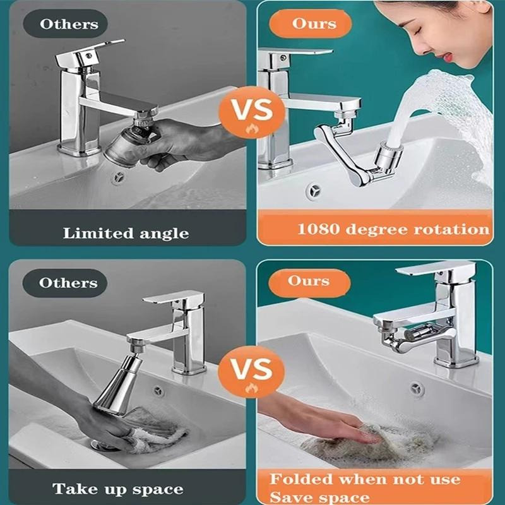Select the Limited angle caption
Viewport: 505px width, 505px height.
coord(126,233)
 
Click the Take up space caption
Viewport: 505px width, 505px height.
coord(118,488)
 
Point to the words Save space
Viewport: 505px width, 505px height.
coord(320,497)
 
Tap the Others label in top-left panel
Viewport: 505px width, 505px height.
coord(69,25)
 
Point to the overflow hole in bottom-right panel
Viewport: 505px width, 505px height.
coord(417,389)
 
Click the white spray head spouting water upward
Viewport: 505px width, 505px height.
coord(384,155)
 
